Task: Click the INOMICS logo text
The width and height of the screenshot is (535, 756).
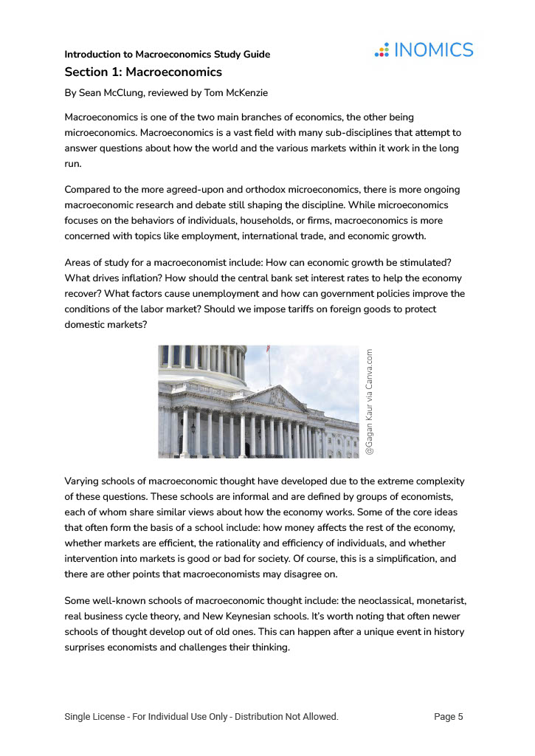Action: point(434,50)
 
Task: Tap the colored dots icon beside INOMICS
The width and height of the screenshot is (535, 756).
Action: point(382,50)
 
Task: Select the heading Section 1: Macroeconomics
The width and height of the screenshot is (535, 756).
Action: point(143,72)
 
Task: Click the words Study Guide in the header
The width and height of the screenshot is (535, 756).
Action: point(242,55)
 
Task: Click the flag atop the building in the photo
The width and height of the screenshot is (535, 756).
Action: point(267,349)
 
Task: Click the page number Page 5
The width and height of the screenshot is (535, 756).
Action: point(449,717)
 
